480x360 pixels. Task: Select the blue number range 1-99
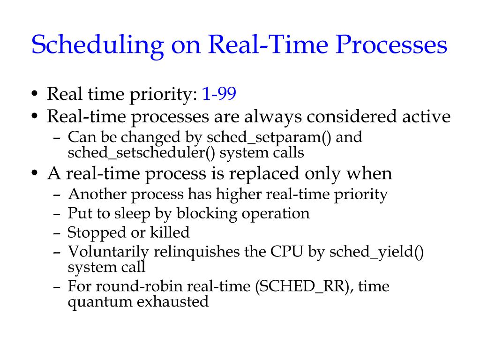click(219, 95)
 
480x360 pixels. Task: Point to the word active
click(427, 117)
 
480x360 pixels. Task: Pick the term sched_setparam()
click(270, 138)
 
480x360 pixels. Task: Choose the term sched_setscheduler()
click(142, 152)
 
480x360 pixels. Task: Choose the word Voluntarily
click(108, 252)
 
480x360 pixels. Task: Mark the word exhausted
click(172, 301)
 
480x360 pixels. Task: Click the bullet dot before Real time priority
click(35, 96)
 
